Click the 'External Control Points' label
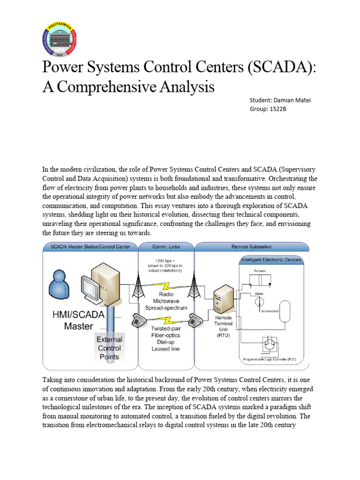(x=109, y=348)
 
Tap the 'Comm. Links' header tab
(x=166, y=247)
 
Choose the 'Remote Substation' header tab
(x=251, y=247)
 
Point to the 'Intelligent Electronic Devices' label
(x=271, y=259)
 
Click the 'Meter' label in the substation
(x=259, y=293)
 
